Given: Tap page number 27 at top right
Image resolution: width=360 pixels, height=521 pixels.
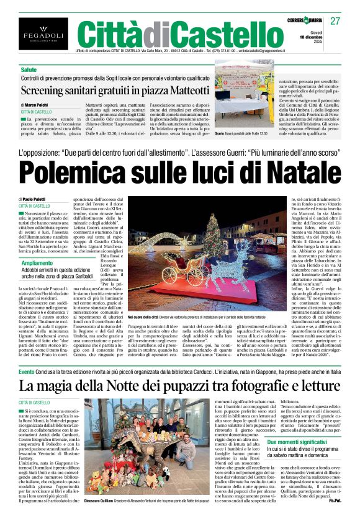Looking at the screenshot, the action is point(335,21).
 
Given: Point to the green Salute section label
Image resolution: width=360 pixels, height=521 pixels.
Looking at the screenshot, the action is point(29,70).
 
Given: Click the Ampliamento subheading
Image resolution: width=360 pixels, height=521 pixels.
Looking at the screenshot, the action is point(36,264).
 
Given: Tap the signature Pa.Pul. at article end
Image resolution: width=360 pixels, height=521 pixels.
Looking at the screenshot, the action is point(334,517).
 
